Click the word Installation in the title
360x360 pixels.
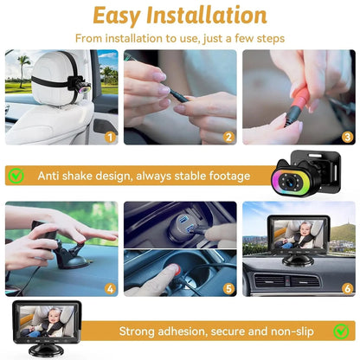point(212,16)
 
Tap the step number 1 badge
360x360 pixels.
point(110,136)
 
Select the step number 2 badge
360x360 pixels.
point(228,136)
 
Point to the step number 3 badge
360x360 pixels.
point(347,136)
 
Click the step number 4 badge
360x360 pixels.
point(110,288)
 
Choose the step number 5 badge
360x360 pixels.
point(228,288)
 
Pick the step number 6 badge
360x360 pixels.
point(347,288)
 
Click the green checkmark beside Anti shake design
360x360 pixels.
point(16,176)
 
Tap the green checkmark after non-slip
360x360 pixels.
point(344,331)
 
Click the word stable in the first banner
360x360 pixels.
point(177,176)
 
